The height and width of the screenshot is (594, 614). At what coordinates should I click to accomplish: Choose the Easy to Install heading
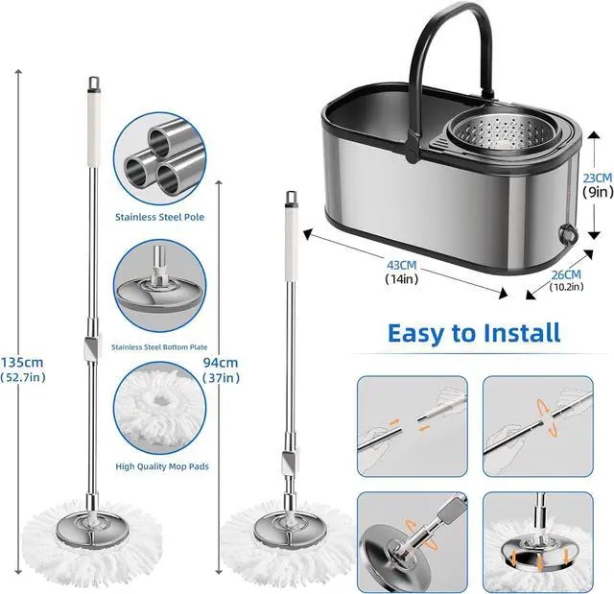point(474,333)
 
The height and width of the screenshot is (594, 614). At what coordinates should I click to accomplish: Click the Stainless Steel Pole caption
point(159,217)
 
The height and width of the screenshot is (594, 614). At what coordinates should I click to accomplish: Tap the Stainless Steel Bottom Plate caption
point(159,346)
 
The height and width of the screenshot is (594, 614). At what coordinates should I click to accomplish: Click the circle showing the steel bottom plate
point(159,286)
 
